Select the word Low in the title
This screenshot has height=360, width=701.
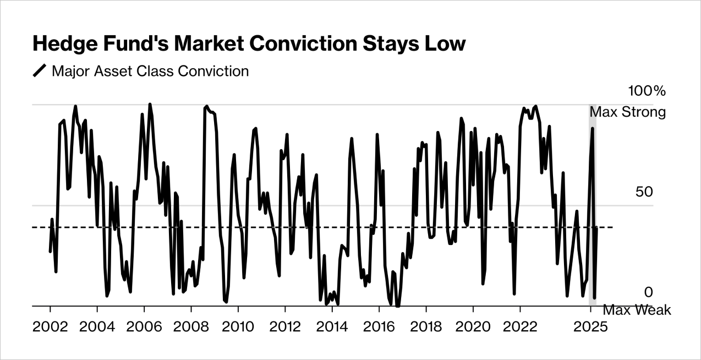coord(448,44)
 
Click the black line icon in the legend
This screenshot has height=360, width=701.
coord(40,72)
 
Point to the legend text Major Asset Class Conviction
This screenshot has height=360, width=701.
coord(150,72)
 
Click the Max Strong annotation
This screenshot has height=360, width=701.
coord(628,112)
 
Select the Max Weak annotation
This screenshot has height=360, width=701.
coord(637,310)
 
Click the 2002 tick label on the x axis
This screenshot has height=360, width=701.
coord(50,326)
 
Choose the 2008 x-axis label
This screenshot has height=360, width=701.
coord(191,326)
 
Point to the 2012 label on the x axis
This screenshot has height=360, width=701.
coord(285,326)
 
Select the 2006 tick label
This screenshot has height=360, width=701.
coord(144,326)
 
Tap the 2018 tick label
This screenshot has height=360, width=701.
coord(426,326)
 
